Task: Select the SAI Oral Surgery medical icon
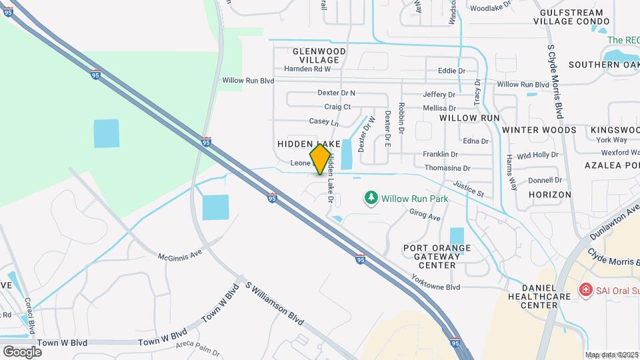point(585,289)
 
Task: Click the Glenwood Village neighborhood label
point(319,55)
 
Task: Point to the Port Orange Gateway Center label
point(437,256)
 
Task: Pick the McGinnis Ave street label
point(180,255)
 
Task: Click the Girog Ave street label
point(425,215)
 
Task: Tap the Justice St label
point(468,189)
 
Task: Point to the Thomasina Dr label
point(447,169)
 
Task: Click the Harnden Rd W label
point(307,69)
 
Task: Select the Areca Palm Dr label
point(198,348)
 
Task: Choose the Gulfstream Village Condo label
point(572,17)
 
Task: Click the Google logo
point(22,351)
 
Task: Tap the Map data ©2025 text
point(611,355)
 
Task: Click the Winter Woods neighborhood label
point(539,129)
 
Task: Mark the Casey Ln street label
point(323,123)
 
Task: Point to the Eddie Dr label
point(451,71)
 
